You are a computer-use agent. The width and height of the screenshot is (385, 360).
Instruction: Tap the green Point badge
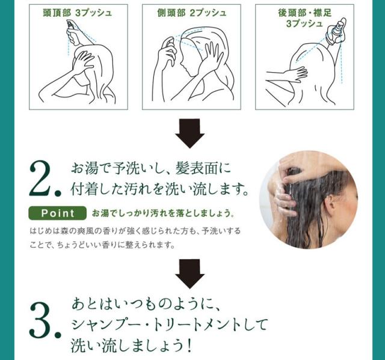(58, 213)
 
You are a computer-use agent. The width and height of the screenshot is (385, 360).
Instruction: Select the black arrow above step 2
(189, 133)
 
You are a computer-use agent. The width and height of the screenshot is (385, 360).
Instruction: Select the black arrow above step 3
(189, 274)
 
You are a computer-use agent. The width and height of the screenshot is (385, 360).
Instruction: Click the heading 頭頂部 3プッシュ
(78, 13)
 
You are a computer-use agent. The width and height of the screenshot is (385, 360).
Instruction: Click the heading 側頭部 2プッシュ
(191, 13)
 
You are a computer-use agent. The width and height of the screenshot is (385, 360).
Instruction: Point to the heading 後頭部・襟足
(305, 13)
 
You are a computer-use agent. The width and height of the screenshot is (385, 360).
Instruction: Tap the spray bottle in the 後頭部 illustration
(336, 32)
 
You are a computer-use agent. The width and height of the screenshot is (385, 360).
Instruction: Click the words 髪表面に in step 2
(203, 169)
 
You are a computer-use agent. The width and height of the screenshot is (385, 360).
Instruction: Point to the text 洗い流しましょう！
(131, 346)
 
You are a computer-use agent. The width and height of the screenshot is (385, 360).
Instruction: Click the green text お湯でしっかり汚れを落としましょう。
(163, 213)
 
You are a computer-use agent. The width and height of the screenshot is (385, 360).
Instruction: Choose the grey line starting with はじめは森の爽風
(135, 231)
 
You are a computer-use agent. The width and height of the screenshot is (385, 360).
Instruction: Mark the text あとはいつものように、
(147, 304)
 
